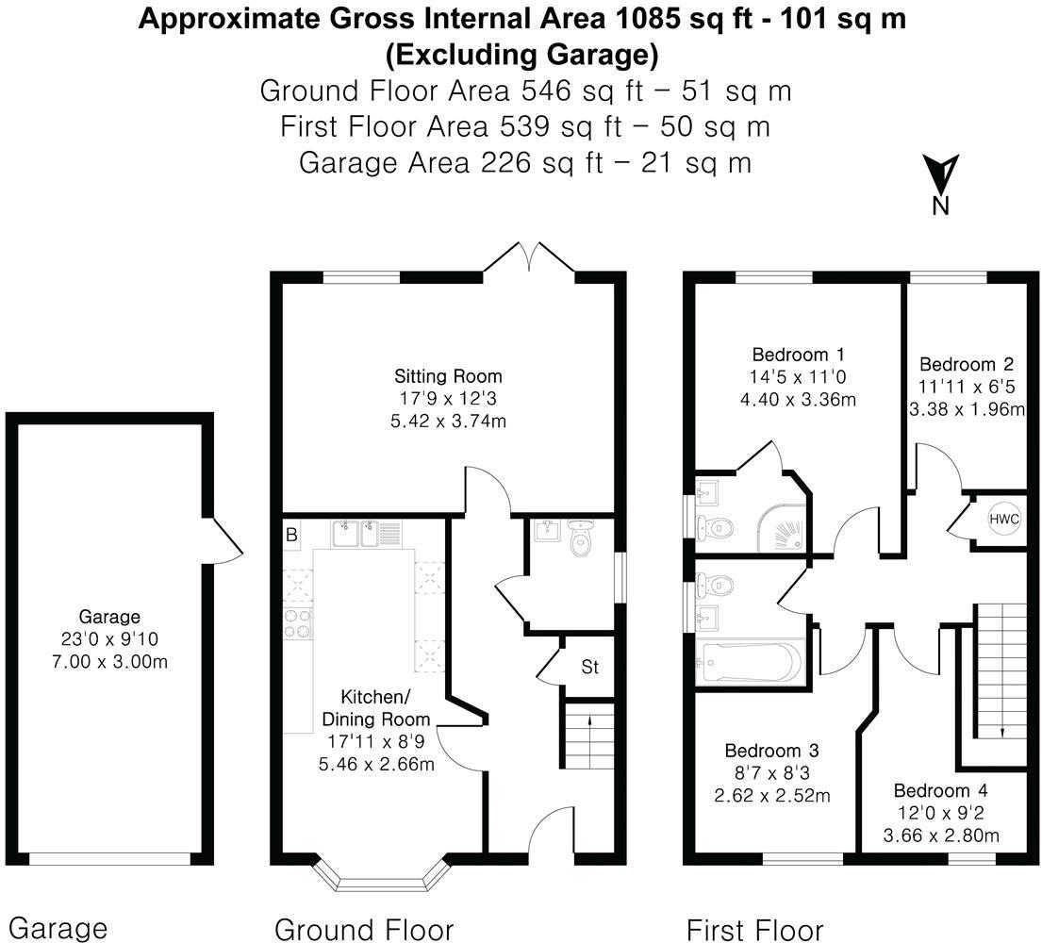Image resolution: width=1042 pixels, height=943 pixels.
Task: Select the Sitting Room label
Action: pyautogui.click(x=449, y=376)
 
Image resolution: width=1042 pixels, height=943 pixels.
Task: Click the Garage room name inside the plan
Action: pyautogui.click(x=109, y=618)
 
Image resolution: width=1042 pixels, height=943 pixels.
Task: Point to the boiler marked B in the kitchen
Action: pyautogui.click(x=292, y=535)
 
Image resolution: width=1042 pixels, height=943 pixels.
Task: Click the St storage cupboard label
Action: pyautogui.click(x=589, y=669)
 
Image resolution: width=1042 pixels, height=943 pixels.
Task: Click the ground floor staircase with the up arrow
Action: pyautogui.click(x=590, y=737)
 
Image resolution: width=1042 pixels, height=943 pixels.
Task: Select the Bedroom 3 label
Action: pyautogui.click(x=771, y=752)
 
